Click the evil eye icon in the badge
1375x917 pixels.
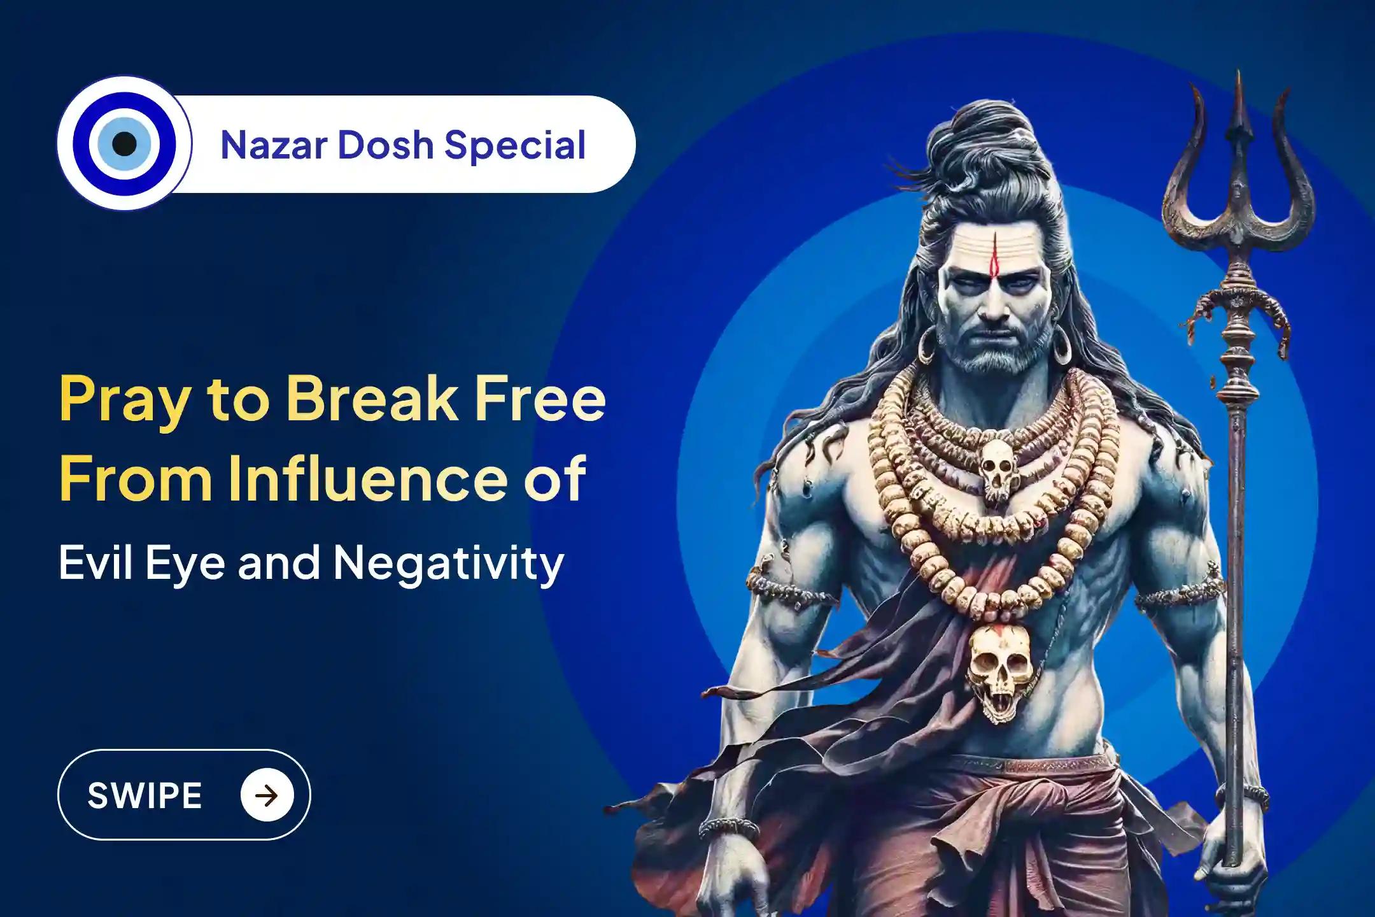(x=124, y=144)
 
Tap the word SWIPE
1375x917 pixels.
(x=145, y=795)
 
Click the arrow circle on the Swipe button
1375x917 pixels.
(x=267, y=795)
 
